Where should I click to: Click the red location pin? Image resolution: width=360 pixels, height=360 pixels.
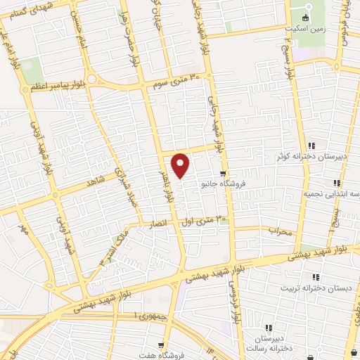(x=181, y=165)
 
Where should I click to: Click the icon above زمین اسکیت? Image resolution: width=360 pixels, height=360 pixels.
(x=304, y=18)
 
